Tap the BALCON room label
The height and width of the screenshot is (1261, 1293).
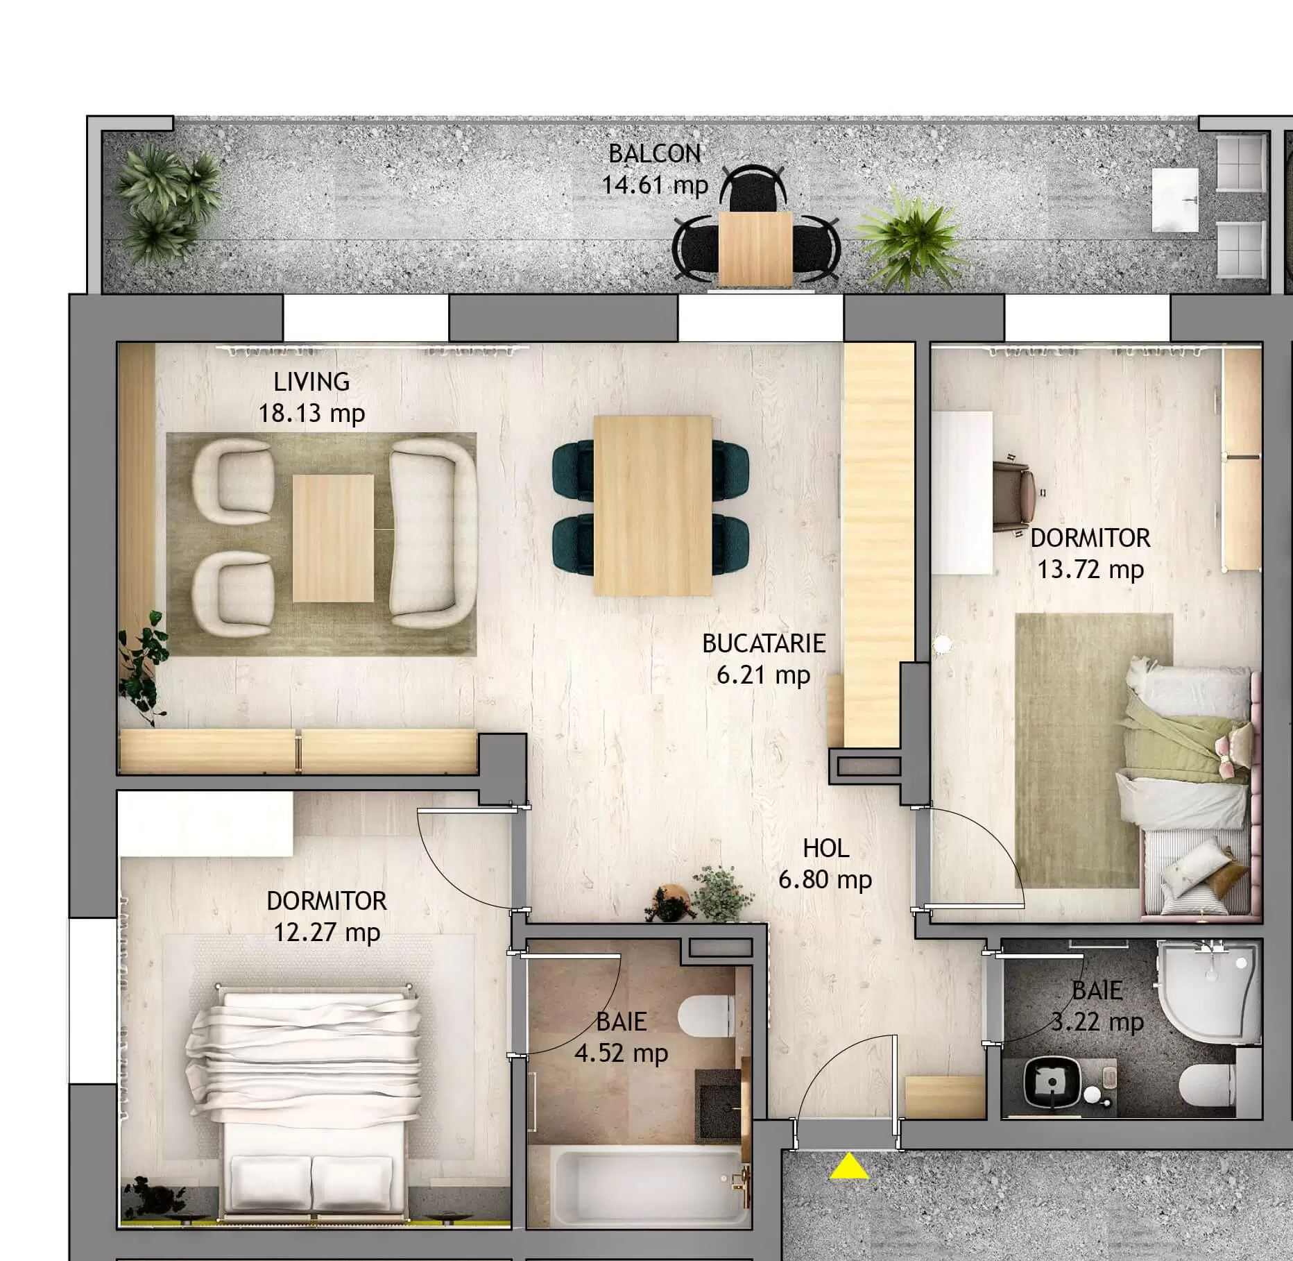(x=654, y=153)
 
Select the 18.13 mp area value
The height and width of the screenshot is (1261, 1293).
(x=311, y=414)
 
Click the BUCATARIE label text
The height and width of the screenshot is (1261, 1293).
(x=763, y=643)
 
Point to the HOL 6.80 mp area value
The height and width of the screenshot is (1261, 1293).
(x=825, y=880)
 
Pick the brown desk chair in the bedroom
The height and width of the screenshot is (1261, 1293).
(x=1015, y=495)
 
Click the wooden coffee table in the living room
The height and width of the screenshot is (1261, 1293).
(x=333, y=538)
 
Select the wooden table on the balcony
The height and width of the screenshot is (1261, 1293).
(x=755, y=248)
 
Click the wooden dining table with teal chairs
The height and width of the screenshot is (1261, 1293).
(x=652, y=505)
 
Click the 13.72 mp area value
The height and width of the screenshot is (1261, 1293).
(x=1090, y=570)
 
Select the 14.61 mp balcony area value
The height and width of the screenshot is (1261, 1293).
(x=654, y=185)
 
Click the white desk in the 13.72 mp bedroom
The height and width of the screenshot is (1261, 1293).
(x=961, y=493)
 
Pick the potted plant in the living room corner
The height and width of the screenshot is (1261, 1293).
(x=143, y=670)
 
